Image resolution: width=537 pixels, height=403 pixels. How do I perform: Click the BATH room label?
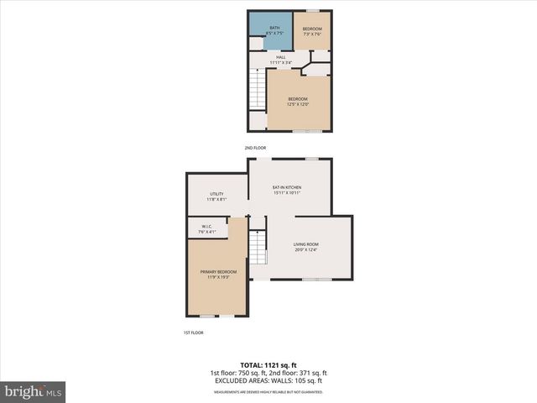[274, 30]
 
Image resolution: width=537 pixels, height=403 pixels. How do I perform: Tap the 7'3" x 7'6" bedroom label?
[312, 30]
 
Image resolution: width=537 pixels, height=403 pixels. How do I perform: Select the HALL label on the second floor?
[280, 60]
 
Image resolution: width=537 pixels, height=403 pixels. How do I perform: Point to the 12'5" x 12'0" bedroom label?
[300, 102]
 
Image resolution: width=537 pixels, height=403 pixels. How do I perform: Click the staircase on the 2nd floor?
[257, 87]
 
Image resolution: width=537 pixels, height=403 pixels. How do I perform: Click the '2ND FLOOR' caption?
[255, 148]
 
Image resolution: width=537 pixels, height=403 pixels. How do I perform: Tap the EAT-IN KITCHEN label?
[287, 190]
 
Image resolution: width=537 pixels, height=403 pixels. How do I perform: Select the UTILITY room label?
[216, 196]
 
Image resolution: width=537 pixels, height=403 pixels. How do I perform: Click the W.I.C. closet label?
[206, 228]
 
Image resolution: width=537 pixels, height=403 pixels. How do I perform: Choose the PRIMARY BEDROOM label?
[218, 274]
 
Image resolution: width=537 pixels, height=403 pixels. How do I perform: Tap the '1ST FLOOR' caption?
[193, 332]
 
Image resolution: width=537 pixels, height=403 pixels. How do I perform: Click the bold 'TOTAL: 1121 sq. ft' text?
[268, 365]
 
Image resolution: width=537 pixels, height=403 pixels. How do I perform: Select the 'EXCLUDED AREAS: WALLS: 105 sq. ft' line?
[268, 380]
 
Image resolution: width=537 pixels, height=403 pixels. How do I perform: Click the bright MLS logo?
[34, 391]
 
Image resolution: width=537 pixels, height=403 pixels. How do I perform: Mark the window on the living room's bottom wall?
[316, 279]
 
